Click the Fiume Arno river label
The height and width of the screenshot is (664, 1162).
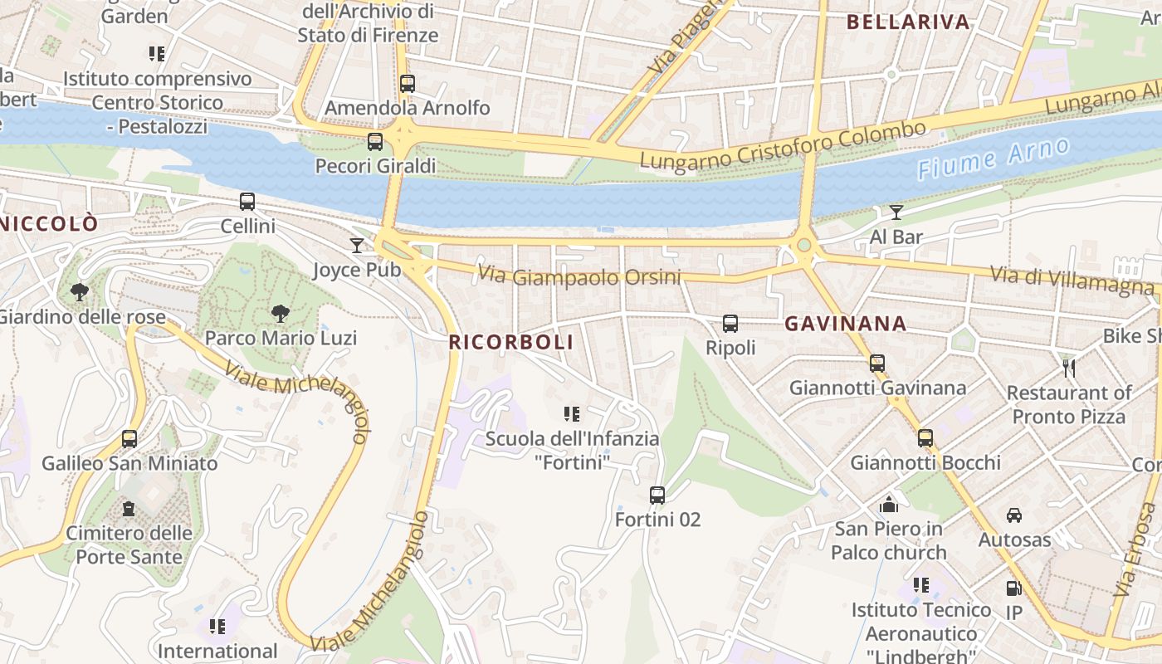(994, 159)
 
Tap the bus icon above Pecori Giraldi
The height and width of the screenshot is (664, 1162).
(375, 142)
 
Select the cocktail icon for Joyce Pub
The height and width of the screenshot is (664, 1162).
(357, 246)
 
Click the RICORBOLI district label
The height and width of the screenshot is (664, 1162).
(511, 342)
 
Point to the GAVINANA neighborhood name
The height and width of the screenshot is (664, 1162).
(845, 324)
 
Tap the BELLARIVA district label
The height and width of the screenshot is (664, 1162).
(908, 22)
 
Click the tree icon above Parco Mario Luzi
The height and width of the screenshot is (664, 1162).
(281, 314)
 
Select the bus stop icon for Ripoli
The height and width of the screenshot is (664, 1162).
(730, 324)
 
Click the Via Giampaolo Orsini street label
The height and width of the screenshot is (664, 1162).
(579, 276)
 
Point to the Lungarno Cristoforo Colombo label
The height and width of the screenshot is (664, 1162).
(783, 145)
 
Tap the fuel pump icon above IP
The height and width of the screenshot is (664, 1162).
(1013, 588)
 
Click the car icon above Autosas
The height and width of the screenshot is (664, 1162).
(1014, 515)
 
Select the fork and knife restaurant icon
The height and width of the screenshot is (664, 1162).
(1069, 368)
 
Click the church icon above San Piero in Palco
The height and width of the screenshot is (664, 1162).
(889, 504)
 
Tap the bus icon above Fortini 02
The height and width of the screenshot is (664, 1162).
(657, 496)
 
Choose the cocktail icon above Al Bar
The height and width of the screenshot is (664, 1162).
(896, 212)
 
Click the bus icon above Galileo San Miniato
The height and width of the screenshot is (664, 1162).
(129, 439)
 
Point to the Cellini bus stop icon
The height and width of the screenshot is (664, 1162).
(247, 202)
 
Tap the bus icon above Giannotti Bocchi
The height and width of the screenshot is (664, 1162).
(925, 438)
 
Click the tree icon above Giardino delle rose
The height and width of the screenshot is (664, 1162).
(80, 292)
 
